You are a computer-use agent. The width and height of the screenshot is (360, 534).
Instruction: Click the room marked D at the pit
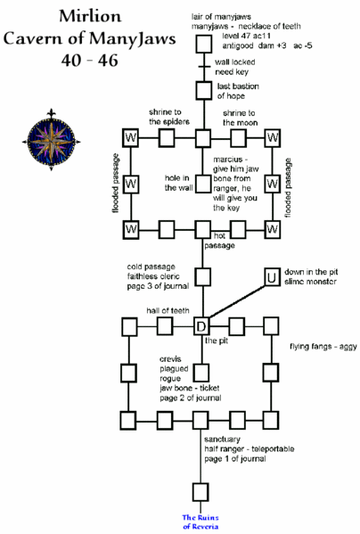point(201,325)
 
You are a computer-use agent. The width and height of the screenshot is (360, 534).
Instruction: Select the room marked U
point(271,277)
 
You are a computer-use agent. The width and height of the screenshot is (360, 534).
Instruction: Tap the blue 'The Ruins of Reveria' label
point(201,522)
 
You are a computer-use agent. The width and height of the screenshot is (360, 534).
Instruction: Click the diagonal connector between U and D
point(236,301)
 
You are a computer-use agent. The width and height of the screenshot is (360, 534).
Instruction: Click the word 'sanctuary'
point(223,440)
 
